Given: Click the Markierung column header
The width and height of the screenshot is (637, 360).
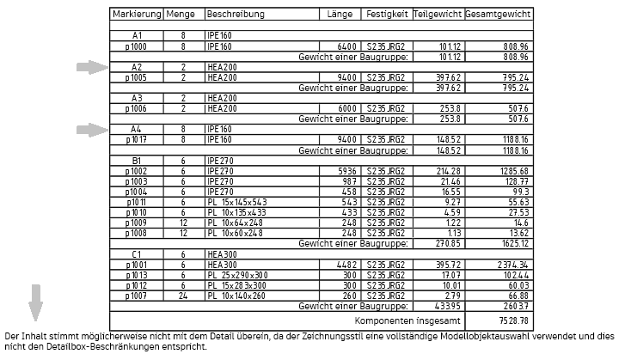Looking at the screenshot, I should tap(136, 15).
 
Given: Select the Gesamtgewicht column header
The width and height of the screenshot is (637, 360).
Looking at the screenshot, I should tap(498, 15).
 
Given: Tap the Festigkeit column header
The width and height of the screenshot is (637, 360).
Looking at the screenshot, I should tap(386, 15).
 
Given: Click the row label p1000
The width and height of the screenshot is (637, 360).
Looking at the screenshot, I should tap(136, 46).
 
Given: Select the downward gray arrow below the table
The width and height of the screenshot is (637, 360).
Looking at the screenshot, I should tap(35, 302).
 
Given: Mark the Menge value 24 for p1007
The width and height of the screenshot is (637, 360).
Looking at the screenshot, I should tap(183, 295).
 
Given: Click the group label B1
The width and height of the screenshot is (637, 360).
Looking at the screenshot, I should tap(136, 160).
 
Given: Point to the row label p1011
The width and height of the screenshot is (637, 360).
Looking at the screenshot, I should tap(136, 201).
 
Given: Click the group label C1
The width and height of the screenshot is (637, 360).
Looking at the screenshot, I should tap(136, 253).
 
